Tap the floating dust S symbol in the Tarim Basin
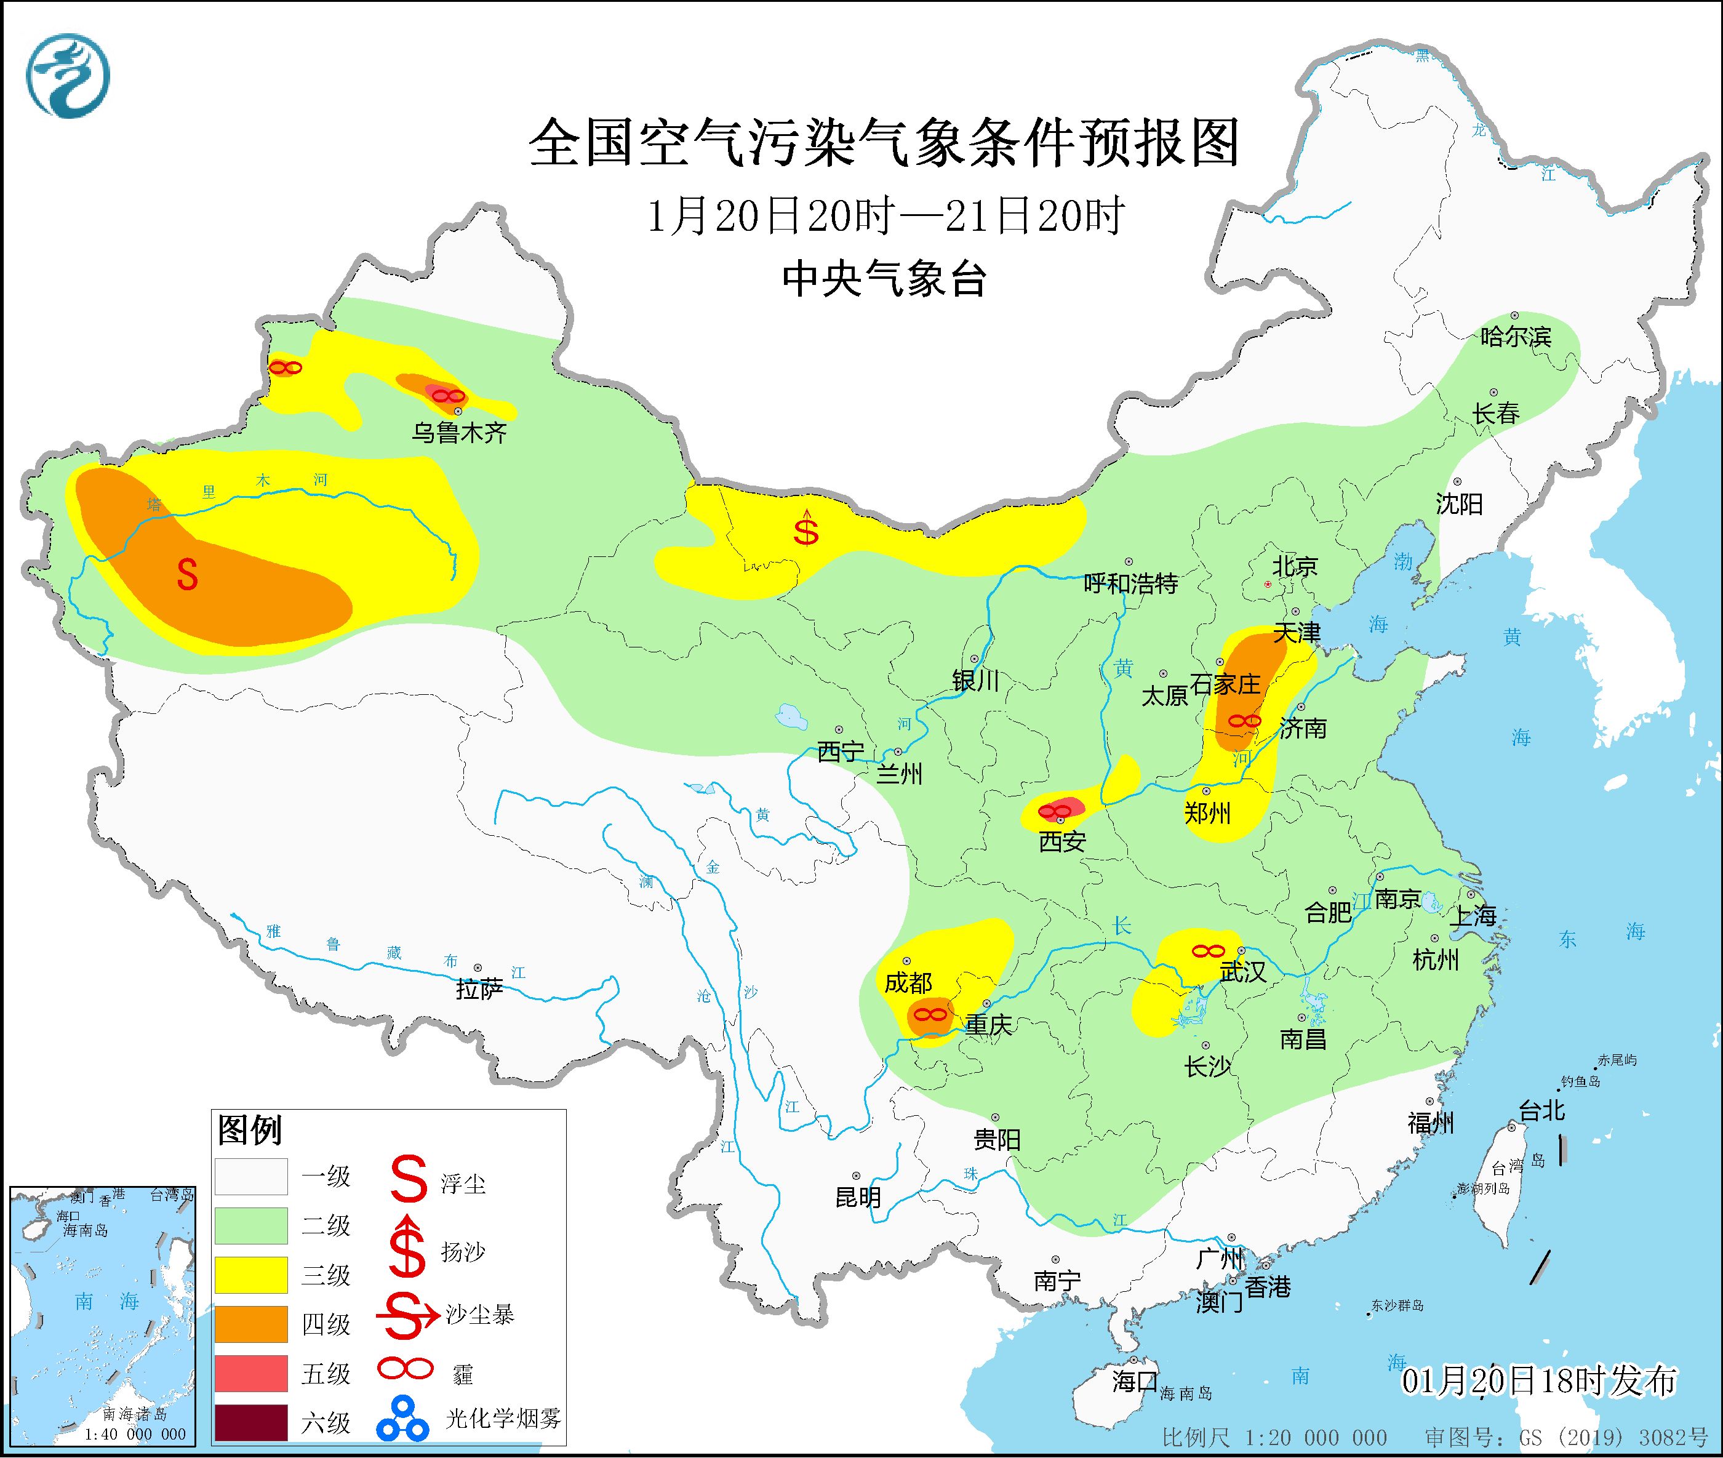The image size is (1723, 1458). click(x=188, y=574)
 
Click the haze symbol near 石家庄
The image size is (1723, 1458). click(x=1244, y=721)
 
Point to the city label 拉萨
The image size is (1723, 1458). click(x=479, y=990)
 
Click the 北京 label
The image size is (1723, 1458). click(x=1294, y=566)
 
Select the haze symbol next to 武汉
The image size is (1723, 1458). click(x=1207, y=951)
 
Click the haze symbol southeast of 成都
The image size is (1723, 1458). click(x=930, y=1013)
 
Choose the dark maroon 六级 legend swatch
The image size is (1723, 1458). click(x=250, y=1422)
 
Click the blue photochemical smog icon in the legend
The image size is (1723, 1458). click(x=402, y=1419)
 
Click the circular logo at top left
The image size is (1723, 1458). click(x=68, y=76)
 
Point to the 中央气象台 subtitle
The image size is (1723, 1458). click(x=884, y=279)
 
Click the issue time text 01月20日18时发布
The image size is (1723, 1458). click(x=1539, y=1380)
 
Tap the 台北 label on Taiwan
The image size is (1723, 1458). click(x=1542, y=1110)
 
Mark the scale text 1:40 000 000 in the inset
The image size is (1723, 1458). click(x=134, y=1434)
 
